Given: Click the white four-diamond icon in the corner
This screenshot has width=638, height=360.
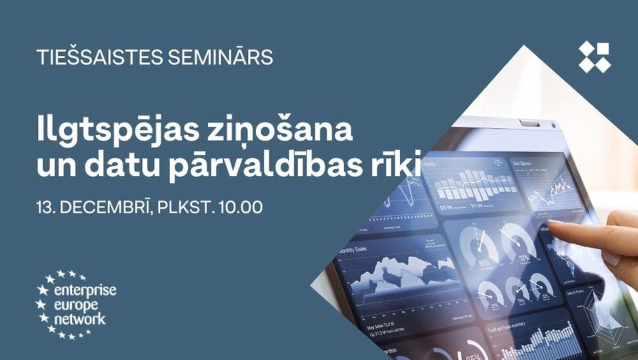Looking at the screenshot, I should point(594,57).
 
